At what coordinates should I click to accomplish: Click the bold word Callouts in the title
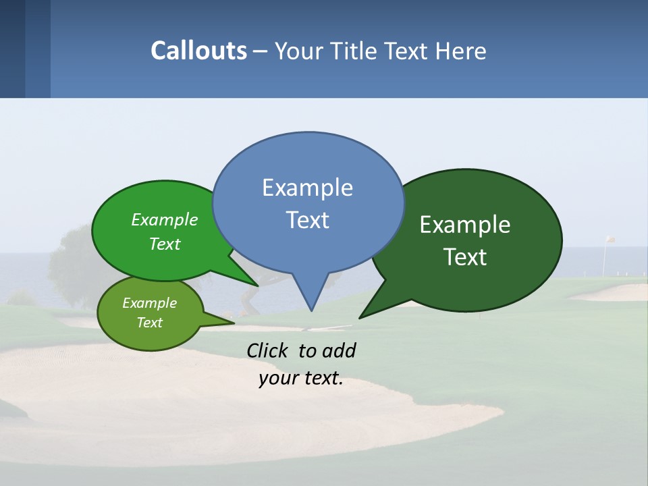(x=198, y=51)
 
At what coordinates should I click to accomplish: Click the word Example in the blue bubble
(x=307, y=188)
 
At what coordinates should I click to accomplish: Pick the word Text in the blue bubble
(x=307, y=220)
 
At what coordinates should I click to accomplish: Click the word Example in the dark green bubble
(x=465, y=225)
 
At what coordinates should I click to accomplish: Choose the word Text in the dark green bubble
(x=465, y=257)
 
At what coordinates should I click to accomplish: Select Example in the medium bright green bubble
(x=165, y=220)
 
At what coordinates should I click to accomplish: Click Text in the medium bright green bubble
(x=165, y=244)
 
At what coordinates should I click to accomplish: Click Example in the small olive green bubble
(x=149, y=303)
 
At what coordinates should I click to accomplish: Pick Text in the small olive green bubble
(x=149, y=323)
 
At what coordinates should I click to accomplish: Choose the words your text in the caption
(x=301, y=378)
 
